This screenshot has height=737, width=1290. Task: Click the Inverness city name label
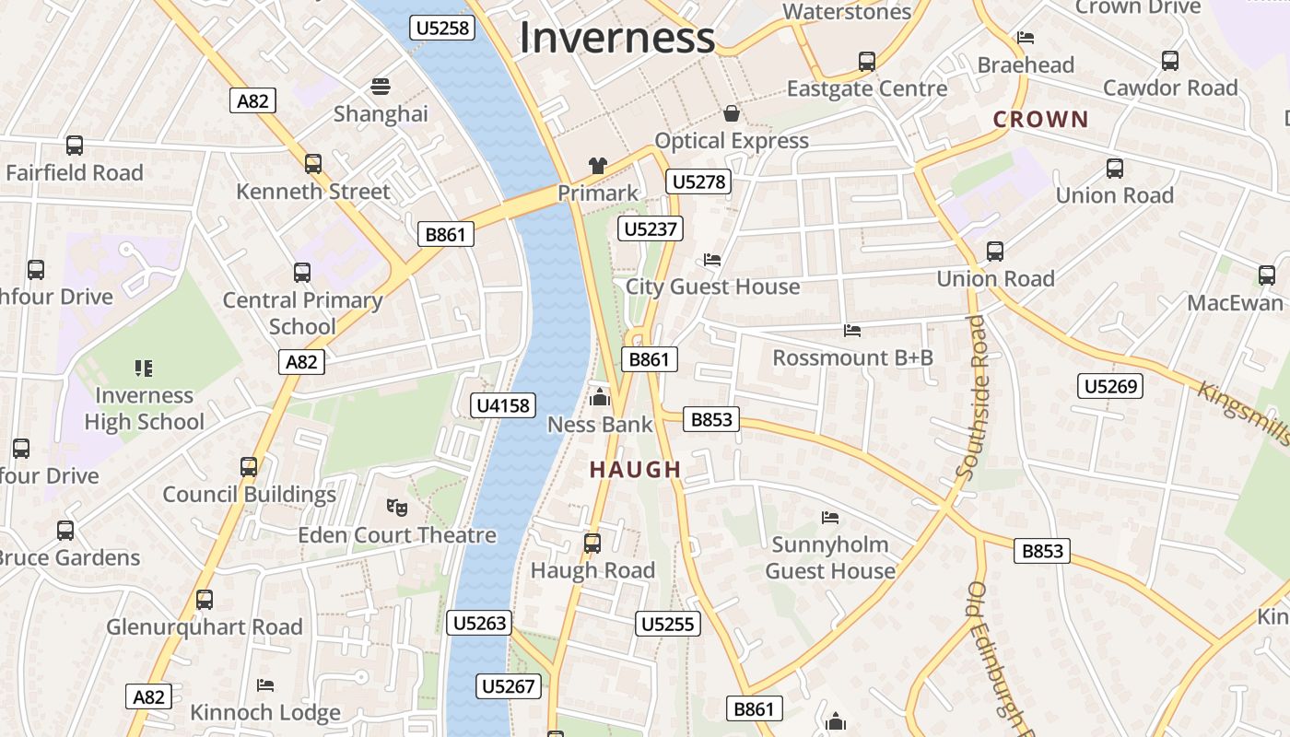tap(616, 38)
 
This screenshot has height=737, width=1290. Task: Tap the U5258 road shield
tap(442, 28)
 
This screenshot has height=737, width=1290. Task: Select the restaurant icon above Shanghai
tap(381, 87)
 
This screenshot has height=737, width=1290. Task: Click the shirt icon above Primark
tap(598, 166)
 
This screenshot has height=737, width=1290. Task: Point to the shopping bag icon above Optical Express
tap(732, 113)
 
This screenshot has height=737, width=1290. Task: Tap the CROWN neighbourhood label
tap(1041, 119)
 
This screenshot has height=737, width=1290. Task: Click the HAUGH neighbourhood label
tap(636, 470)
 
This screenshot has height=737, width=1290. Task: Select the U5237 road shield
tap(651, 228)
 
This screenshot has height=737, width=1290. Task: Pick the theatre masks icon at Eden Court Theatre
tap(397, 507)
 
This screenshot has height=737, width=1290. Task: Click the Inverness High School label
tap(145, 408)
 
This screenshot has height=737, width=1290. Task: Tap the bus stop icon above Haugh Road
tap(592, 543)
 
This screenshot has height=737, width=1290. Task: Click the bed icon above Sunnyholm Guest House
tap(830, 518)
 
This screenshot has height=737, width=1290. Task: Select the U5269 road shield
tap(1110, 386)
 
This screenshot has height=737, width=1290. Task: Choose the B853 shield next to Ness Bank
tap(711, 419)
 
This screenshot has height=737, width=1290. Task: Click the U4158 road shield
tap(503, 404)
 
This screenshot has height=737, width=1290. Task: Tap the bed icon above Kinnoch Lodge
tap(265, 684)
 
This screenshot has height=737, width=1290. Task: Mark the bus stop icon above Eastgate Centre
tap(867, 62)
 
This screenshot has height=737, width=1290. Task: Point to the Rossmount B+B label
tap(852, 357)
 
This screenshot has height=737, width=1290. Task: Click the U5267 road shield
tap(508, 685)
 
